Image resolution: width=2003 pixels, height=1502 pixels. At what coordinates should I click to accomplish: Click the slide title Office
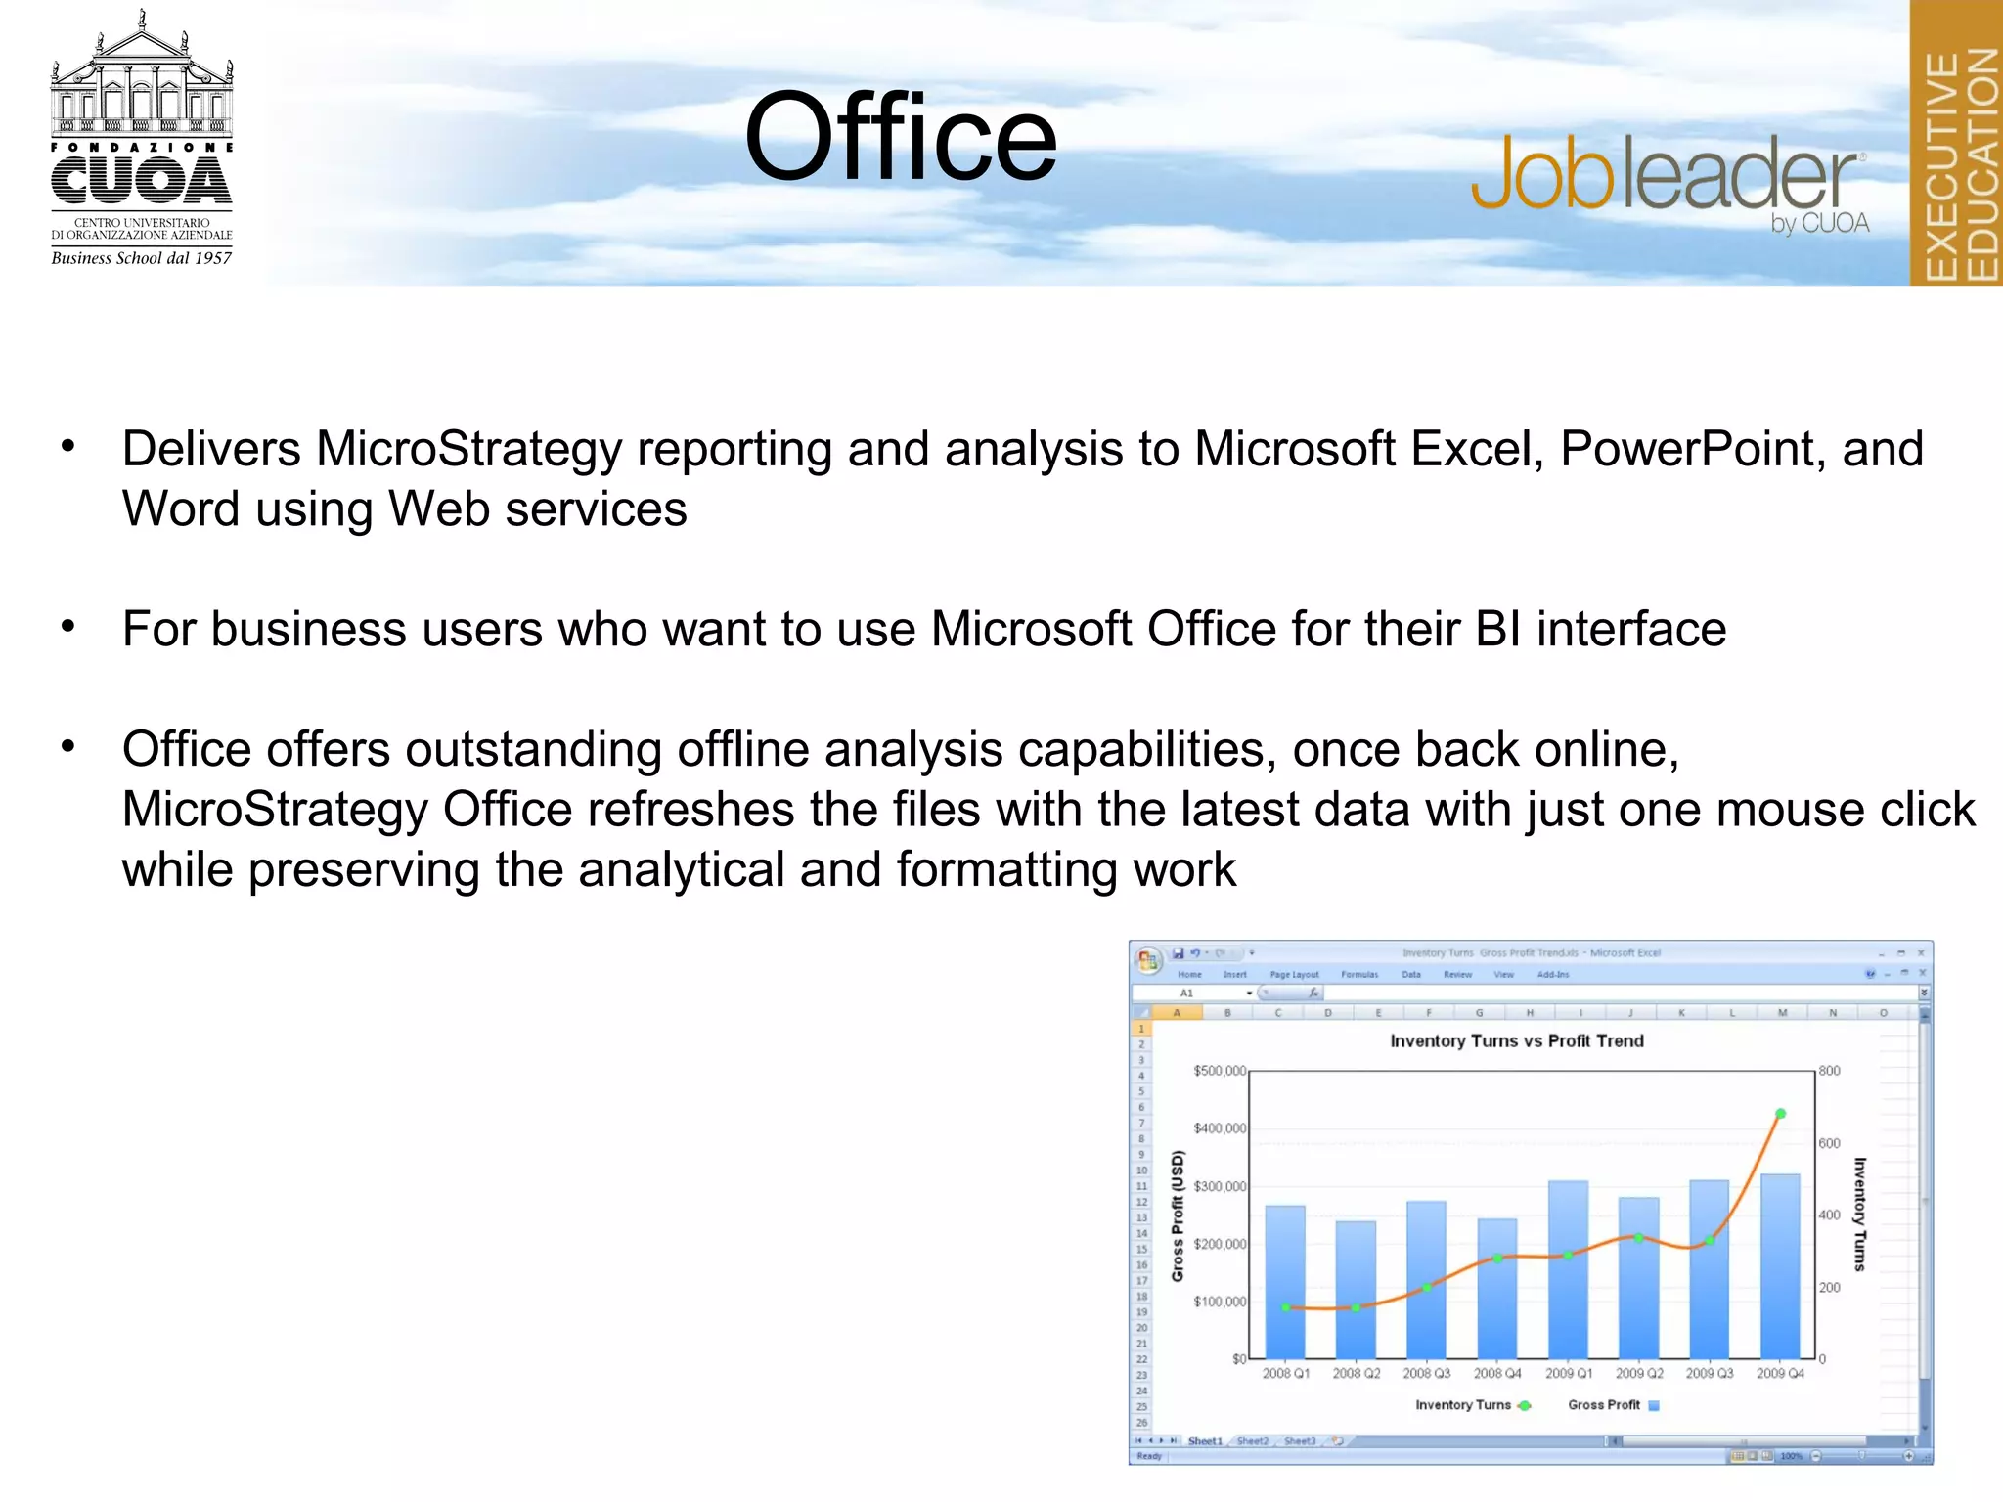[x=900, y=137]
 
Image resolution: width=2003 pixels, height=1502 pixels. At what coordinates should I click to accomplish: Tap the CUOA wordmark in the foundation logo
[x=142, y=182]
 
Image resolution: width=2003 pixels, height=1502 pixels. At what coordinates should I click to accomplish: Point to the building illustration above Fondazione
[x=142, y=78]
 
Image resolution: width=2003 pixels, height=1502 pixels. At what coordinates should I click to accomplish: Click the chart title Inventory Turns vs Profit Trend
[x=1516, y=1041]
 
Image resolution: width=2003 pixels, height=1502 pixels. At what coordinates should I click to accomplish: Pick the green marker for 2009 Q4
[x=1781, y=1114]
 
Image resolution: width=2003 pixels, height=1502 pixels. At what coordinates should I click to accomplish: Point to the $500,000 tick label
[x=1220, y=1072]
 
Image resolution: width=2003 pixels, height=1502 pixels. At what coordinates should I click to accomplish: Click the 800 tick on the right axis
[x=1829, y=1071]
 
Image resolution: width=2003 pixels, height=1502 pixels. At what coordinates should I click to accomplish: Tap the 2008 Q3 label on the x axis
[x=1426, y=1374]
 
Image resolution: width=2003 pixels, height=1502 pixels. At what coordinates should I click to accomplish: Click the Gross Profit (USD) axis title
[x=1178, y=1215]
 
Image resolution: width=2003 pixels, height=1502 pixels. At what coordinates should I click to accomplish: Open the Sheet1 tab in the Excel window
[x=1205, y=1441]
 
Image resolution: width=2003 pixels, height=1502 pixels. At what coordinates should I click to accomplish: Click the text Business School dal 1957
[x=142, y=258]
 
